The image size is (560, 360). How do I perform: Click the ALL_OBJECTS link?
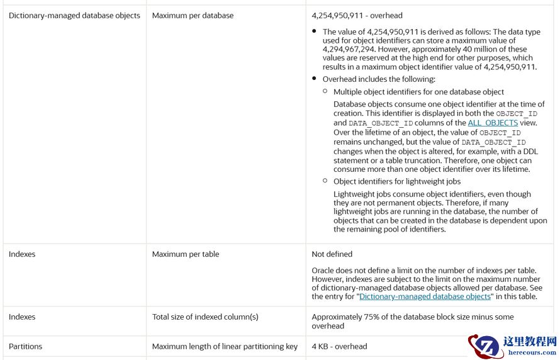(493, 123)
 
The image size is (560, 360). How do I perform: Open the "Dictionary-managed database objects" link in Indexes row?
(425, 296)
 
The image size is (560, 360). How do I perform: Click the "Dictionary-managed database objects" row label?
(74, 16)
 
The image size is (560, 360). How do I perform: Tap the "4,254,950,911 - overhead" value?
(357, 16)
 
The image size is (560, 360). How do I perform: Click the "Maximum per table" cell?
(186, 254)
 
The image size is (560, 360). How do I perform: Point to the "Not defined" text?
(332, 254)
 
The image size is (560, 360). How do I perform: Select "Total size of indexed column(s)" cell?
(205, 317)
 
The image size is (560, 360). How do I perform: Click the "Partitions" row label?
(25, 346)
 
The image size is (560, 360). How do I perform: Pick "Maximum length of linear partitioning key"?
(225, 346)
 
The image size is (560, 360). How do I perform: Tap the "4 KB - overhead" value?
(339, 346)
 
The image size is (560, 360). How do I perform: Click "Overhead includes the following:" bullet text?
(379, 79)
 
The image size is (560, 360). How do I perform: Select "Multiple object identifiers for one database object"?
(418, 92)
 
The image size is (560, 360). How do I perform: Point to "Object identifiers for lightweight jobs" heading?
(397, 181)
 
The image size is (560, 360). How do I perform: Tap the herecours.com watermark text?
(532, 354)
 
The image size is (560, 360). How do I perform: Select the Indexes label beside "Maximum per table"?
(22, 254)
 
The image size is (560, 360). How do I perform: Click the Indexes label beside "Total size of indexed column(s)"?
(22, 317)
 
